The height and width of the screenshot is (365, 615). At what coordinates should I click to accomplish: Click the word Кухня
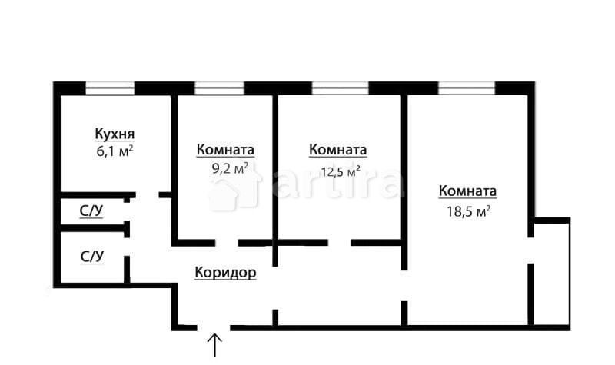tap(115, 134)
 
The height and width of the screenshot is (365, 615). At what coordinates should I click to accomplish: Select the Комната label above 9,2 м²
tap(225, 150)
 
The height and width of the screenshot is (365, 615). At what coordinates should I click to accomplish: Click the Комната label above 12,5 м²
tap(337, 150)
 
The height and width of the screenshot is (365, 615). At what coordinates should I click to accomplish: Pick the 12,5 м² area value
tap(341, 171)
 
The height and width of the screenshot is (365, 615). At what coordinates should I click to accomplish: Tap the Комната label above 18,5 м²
tap(467, 191)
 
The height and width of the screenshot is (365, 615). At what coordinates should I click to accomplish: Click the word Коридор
tap(225, 272)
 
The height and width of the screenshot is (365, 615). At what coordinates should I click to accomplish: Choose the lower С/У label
tap(91, 256)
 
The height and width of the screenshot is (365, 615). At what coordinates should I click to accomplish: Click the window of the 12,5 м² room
tap(339, 88)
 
